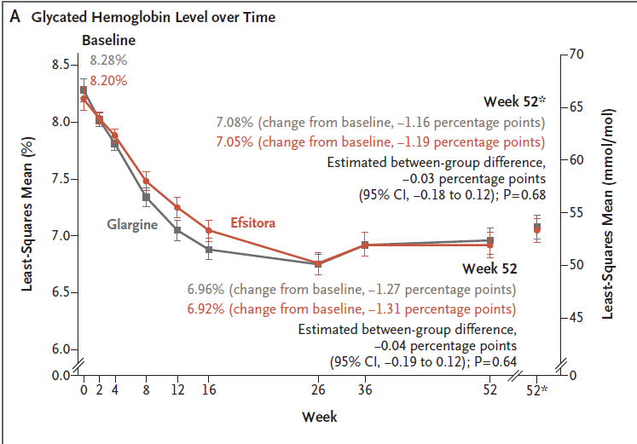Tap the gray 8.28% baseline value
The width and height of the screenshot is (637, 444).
coord(108,61)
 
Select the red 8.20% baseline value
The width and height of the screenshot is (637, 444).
coord(108,81)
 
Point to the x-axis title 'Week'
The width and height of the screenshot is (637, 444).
coord(319,417)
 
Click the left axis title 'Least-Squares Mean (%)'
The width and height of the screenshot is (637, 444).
coord(26,213)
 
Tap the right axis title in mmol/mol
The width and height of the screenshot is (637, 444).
coord(608,213)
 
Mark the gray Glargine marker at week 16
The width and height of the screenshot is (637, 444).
coord(209,250)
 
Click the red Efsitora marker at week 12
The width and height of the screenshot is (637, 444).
coord(177,207)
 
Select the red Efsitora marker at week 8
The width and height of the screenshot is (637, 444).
coord(147,181)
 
